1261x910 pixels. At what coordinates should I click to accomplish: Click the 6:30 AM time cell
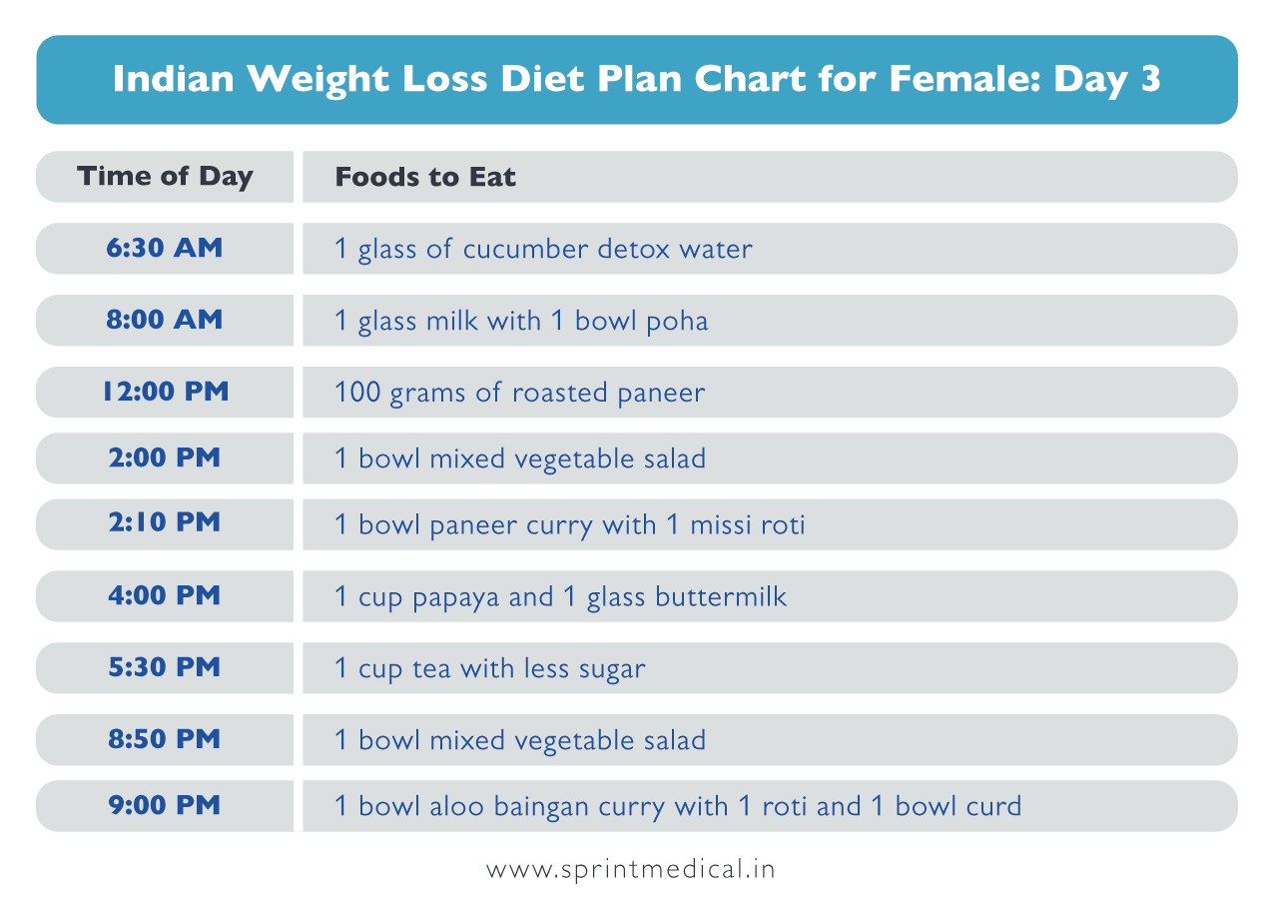click(165, 249)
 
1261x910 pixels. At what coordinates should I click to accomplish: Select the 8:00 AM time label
click(165, 321)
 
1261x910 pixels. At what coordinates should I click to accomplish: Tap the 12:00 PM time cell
click(165, 393)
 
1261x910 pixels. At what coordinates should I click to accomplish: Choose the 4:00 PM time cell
click(165, 596)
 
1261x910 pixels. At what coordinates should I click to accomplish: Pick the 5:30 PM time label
click(165, 668)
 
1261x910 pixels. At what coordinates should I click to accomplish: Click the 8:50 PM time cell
click(165, 740)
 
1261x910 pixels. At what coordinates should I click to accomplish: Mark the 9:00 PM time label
click(165, 806)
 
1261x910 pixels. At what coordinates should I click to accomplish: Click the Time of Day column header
click(165, 177)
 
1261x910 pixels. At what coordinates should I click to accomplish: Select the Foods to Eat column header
click(425, 178)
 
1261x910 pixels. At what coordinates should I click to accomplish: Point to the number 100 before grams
click(357, 393)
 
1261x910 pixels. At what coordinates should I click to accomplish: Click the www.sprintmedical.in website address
click(630, 869)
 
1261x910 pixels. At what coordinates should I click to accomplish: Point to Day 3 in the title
click(1107, 80)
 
